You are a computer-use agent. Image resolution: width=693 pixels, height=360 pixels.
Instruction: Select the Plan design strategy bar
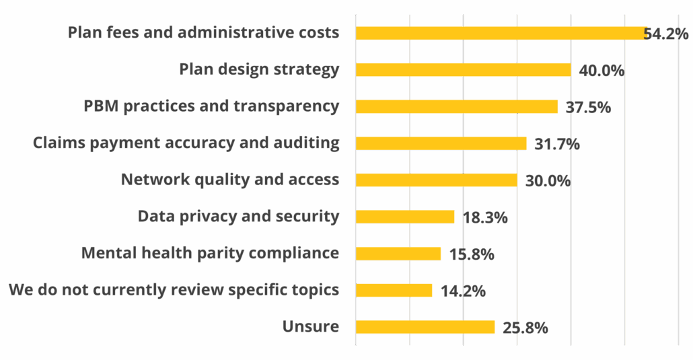tap(463, 69)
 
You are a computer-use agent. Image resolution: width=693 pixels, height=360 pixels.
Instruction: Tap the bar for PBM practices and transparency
tap(456, 106)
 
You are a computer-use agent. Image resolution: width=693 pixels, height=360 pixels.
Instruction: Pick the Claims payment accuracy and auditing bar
tap(441, 143)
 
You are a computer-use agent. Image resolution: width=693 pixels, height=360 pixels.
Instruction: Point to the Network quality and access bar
tap(436, 180)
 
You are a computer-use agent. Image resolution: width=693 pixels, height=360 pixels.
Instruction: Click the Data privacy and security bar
tap(405, 217)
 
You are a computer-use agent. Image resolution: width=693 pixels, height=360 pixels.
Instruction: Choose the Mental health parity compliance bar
tap(398, 254)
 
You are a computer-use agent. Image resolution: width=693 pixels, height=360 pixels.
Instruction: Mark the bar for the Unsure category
tap(425, 327)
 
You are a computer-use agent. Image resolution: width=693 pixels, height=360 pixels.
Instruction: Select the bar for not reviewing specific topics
tap(394, 290)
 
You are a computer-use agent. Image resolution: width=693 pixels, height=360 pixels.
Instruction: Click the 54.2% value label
tap(666, 34)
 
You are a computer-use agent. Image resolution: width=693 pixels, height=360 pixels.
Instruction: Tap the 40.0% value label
tap(601, 70)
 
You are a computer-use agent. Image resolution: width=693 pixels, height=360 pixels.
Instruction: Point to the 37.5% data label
tap(588, 107)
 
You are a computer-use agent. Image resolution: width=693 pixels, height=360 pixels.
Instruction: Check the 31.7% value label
tap(556, 144)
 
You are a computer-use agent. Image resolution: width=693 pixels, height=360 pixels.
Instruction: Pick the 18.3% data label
tap(484, 217)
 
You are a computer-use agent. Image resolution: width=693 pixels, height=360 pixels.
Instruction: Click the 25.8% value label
tap(525, 328)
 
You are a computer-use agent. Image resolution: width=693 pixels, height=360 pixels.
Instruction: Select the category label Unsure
tap(310, 327)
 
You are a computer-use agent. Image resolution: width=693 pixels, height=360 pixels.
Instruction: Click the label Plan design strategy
tap(259, 69)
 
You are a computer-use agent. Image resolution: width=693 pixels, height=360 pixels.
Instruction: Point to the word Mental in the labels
tap(105, 253)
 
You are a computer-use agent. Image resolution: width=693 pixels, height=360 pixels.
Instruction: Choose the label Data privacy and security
tap(238, 217)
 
